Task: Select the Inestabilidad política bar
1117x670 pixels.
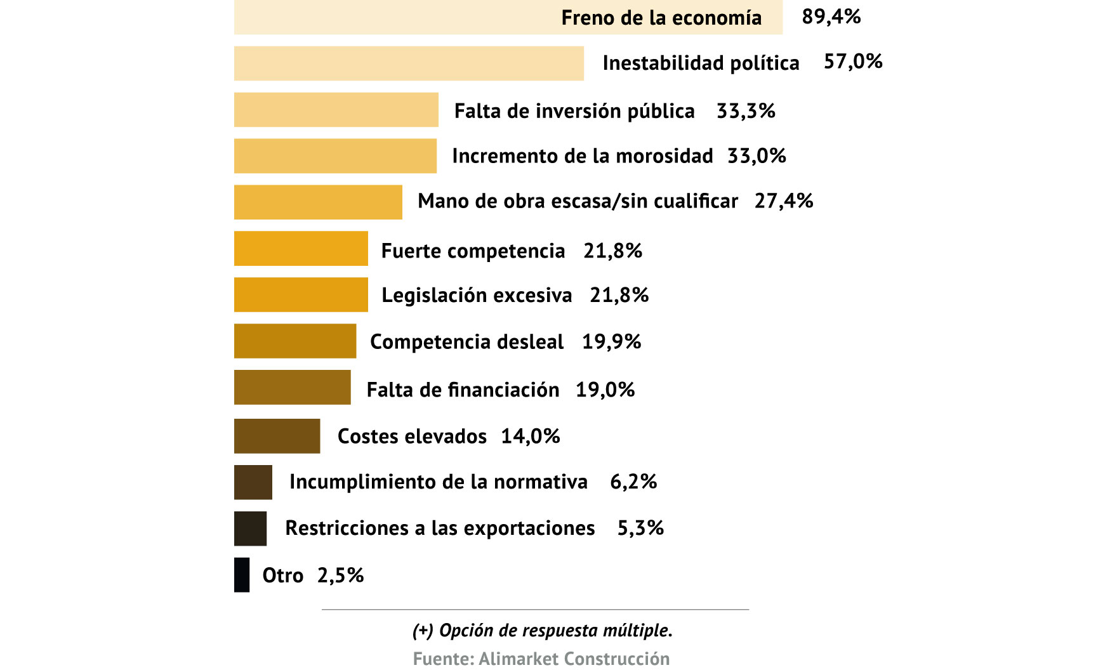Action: [409, 63]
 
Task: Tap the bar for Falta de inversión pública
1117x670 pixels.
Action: [336, 110]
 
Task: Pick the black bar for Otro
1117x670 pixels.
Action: [242, 575]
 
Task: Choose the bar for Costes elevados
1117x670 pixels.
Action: [277, 436]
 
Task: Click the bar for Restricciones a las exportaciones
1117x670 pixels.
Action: [250, 529]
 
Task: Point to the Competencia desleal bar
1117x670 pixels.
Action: [295, 341]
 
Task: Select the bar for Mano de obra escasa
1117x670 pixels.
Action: [318, 202]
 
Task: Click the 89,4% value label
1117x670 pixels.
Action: [831, 16]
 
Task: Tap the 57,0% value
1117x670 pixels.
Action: [852, 62]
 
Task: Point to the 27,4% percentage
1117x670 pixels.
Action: [783, 201]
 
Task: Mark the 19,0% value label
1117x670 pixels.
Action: [605, 390]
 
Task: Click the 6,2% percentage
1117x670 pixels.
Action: [633, 482]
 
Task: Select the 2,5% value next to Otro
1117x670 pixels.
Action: [340, 575]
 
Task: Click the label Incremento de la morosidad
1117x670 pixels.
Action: [582, 156]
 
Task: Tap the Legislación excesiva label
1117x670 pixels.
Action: [477, 296]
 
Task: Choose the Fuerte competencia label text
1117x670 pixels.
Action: [473, 251]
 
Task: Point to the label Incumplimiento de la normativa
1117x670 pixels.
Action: [438, 482]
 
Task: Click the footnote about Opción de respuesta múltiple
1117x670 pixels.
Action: [542, 631]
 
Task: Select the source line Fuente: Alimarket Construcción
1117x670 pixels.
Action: [541, 659]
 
